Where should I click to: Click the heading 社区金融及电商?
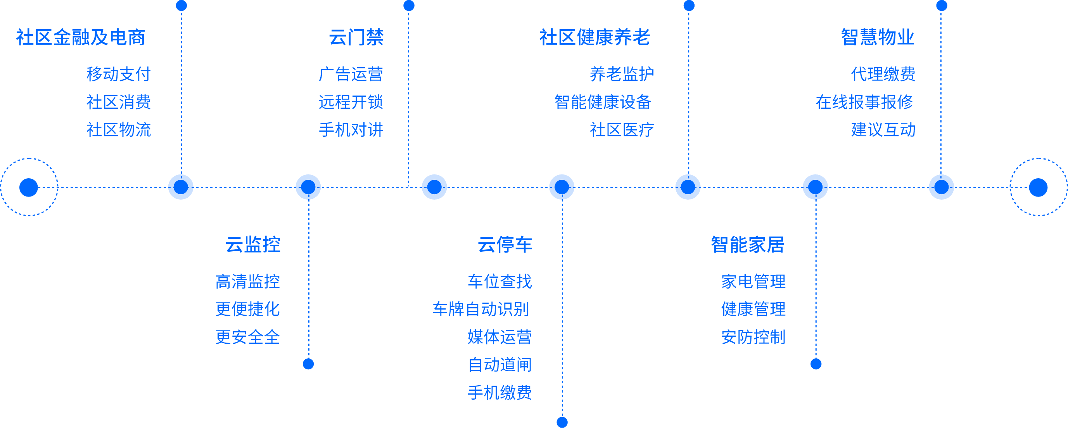click(x=80, y=37)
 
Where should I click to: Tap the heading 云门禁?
click(x=356, y=37)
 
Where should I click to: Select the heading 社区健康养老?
click(x=594, y=37)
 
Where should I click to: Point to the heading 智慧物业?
click(x=877, y=37)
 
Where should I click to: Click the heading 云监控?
click(x=253, y=245)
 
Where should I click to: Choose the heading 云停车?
click(x=505, y=245)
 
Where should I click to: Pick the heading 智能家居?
click(x=748, y=245)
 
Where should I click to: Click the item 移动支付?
click(x=119, y=74)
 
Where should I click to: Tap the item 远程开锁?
click(x=351, y=102)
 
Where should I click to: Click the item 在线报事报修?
click(x=864, y=102)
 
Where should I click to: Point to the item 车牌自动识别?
click(x=481, y=309)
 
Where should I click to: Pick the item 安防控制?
click(x=753, y=337)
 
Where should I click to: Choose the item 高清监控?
click(x=247, y=282)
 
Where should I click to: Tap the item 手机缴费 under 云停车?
click(x=499, y=392)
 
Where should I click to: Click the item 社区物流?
click(x=119, y=130)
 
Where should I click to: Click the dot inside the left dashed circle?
click(x=29, y=187)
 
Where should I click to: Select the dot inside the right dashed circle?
click(x=1038, y=187)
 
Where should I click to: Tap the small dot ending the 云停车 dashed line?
click(x=562, y=422)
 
